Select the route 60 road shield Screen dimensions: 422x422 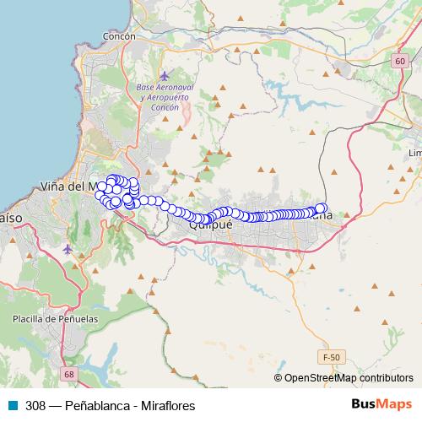point(399,62)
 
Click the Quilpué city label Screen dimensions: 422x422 point(210,225)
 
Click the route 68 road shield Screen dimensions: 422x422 point(68,373)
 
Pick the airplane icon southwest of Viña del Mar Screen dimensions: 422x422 point(68,249)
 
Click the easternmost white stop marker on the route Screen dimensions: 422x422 point(321,208)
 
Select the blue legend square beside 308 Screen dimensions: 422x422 point(14,405)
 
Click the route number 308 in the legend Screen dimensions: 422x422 point(35,405)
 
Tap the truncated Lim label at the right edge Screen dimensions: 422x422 point(414,154)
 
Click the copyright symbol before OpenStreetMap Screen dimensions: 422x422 point(279,378)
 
